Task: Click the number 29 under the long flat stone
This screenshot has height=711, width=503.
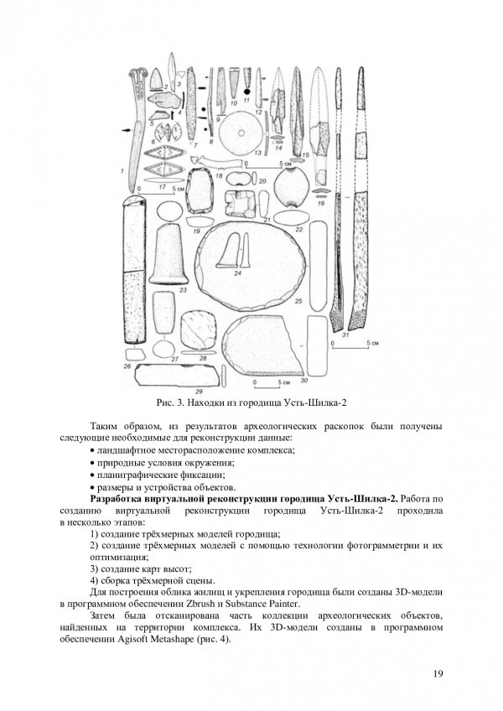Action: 200,391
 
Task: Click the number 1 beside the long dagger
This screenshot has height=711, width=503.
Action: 124,170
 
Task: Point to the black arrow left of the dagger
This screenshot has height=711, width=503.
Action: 127,130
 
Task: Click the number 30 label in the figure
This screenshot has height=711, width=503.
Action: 327,381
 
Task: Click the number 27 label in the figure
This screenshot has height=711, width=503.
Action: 175,359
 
